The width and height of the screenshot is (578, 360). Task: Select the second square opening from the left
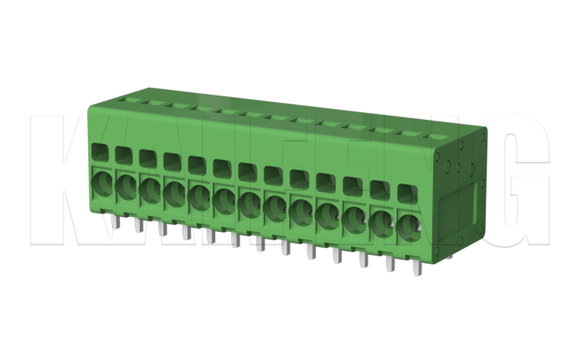(123, 156)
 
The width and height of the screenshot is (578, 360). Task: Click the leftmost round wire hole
(101, 182)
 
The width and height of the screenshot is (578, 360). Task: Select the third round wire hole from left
(150, 188)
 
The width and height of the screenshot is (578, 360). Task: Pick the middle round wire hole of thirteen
(249, 203)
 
